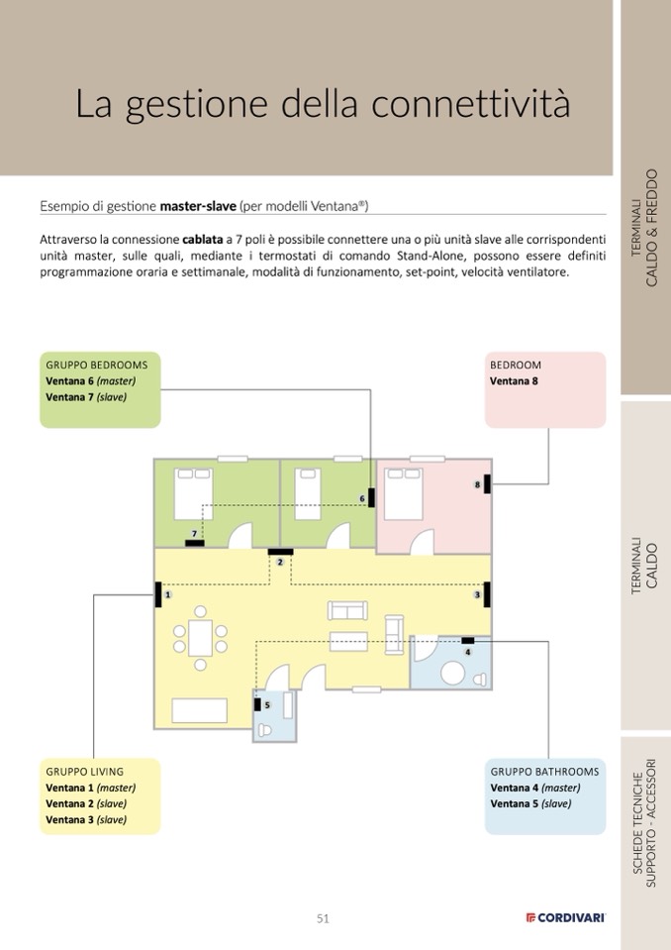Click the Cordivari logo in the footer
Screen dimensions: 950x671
[565, 918]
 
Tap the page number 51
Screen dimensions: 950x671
[323, 918]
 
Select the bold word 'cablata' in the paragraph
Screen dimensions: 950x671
[202, 239]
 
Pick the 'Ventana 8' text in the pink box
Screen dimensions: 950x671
[515, 380]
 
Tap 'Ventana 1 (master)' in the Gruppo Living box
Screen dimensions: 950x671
[90, 788]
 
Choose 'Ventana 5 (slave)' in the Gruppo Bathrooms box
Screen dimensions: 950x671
[530, 803]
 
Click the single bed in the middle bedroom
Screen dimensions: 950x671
[307, 492]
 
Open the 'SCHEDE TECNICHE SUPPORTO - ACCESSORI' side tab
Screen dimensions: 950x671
[644, 821]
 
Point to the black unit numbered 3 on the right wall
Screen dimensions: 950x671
[488, 594]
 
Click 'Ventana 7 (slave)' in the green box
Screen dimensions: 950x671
[86, 396]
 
